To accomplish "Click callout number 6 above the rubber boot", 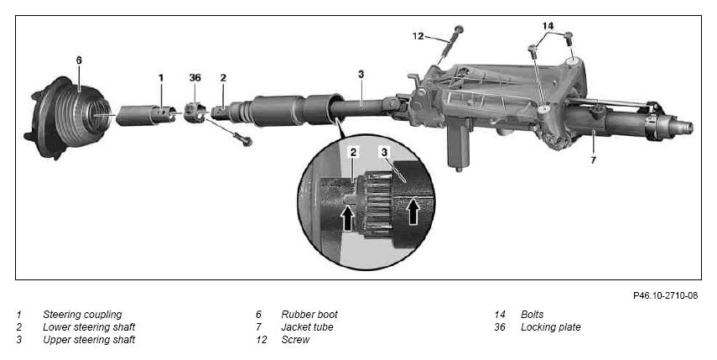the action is click(x=79, y=60).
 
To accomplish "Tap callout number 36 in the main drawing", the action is click(x=195, y=78).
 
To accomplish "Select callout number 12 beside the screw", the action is click(x=418, y=36).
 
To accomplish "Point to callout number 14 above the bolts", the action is click(x=548, y=26).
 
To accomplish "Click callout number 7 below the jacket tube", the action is click(x=593, y=160).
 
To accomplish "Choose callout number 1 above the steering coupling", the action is click(x=161, y=78).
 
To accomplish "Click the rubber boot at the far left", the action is click(x=69, y=118).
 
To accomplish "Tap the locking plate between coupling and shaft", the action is click(x=195, y=112).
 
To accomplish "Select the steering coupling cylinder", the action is click(x=145, y=115).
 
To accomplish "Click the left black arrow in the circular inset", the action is click(x=348, y=217).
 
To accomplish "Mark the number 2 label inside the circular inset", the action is click(x=354, y=153).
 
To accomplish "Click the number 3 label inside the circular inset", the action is click(x=385, y=153).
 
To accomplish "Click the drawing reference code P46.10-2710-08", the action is click(x=665, y=295).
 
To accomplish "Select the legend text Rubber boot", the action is click(x=309, y=315).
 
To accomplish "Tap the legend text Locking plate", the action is click(x=551, y=327).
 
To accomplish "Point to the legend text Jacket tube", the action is click(x=307, y=327).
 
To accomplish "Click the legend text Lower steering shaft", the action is click(x=89, y=327).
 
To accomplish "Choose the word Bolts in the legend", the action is click(x=533, y=315).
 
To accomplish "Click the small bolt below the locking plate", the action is click(x=242, y=138).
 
